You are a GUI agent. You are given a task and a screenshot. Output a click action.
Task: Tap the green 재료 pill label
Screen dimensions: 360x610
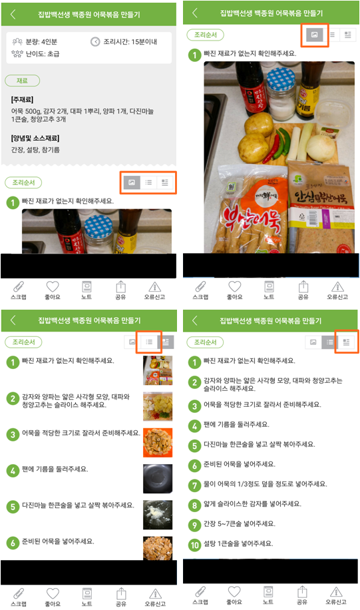coord(22,81)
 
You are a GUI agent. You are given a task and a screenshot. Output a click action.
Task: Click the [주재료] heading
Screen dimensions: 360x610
coord(22,100)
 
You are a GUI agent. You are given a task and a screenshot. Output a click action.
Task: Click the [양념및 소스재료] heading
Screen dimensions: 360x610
coord(35,138)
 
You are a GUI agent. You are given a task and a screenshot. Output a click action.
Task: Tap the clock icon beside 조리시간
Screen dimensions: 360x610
coord(95,42)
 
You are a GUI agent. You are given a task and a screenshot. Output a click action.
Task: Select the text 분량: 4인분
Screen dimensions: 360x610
coord(41,42)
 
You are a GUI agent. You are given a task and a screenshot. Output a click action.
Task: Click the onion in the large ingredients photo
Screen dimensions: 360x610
coord(321,147)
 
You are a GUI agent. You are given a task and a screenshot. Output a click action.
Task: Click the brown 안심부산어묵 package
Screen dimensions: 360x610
coord(321,206)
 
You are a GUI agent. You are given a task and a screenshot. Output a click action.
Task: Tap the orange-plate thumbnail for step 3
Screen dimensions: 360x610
coord(158,443)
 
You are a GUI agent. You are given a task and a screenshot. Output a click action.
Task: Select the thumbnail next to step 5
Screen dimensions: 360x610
coord(158,515)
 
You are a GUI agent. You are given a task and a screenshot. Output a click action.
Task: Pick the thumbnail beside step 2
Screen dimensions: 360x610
coord(158,406)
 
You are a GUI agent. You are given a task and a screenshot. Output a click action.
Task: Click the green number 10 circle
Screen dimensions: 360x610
coord(194,545)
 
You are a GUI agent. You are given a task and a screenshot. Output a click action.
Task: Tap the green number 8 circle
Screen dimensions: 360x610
coord(194,505)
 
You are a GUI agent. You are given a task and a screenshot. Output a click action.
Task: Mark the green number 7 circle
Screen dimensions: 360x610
coord(194,485)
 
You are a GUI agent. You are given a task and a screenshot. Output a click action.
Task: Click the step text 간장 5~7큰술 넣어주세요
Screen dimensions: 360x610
coord(240,523)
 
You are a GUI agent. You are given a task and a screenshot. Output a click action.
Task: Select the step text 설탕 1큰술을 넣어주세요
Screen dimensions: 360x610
coord(238,543)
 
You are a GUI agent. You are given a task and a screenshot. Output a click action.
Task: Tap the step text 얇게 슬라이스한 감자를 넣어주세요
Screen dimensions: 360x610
coord(253,504)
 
